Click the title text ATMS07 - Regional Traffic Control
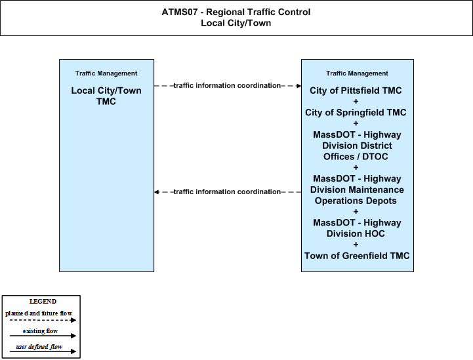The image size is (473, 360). click(x=236, y=12)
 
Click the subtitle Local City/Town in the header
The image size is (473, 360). click(x=236, y=23)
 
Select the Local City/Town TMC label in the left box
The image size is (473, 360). click(x=106, y=96)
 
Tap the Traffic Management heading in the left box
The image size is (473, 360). click(x=106, y=73)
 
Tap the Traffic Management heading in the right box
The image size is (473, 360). click(x=357, y=73)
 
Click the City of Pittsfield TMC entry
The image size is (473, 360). click(x=356, y=90)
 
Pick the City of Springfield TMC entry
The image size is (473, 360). click(x=356, y=113)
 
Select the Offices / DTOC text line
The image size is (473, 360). click(x=356, y=157)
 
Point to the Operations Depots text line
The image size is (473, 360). click(x=356, y=201)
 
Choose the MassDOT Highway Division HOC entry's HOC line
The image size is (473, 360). click(x=356, y=233)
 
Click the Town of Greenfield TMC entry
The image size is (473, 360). click(x=357, y=256)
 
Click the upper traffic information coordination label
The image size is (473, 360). click(x=227, y=86)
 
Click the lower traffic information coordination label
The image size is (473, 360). click(x=227, y=191)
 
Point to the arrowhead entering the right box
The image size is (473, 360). click(x=299, y=86)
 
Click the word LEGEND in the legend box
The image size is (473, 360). click(x=43, y=302)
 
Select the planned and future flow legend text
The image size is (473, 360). click(x=39, y=313)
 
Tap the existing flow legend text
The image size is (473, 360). click(x=40, y=331)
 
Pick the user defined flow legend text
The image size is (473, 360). click(x=39, y=347)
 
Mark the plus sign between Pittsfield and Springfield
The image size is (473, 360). click(x=356, y=102)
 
